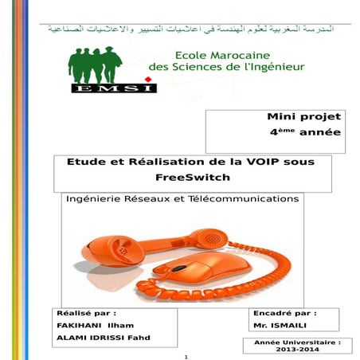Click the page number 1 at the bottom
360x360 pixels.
click(x=184, y=356)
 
